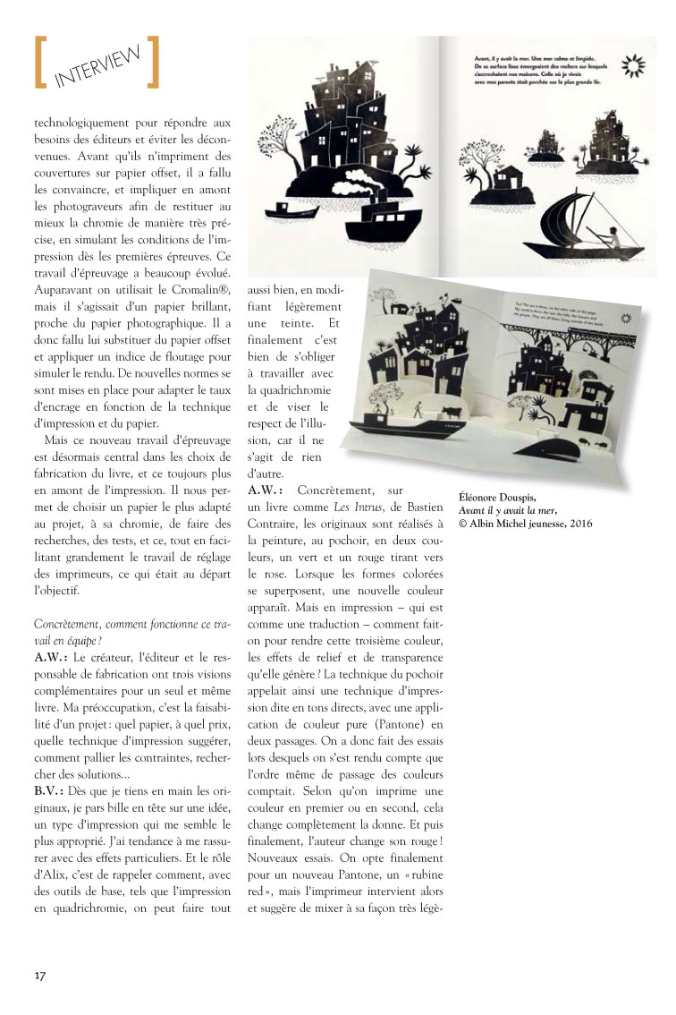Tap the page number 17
tap(40, 974)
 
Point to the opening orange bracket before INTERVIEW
tap(40, 63)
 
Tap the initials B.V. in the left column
tap(49, 791)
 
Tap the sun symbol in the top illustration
tap(633, 64)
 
